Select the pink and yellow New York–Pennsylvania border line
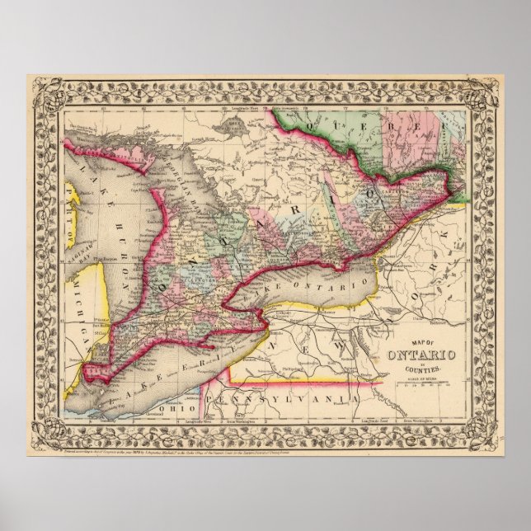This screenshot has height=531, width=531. [305, 381]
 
